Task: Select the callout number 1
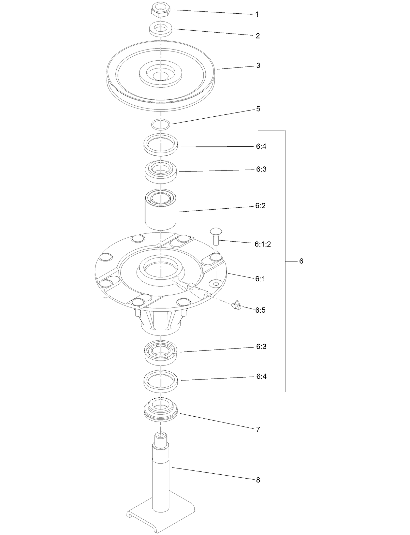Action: [257, 14]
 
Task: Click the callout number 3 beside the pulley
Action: [258, 66]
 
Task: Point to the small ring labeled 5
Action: [161, 124]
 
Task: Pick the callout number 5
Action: [258, 109]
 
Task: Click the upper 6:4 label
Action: [261, 146]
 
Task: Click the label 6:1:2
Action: [263, 244]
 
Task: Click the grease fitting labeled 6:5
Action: [236, 305]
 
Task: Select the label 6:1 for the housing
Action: [260, 279]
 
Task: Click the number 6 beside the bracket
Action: [301, 261]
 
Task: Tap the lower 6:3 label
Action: [261, 347]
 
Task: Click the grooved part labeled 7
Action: [161, 411]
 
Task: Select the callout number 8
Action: [258, 480]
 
